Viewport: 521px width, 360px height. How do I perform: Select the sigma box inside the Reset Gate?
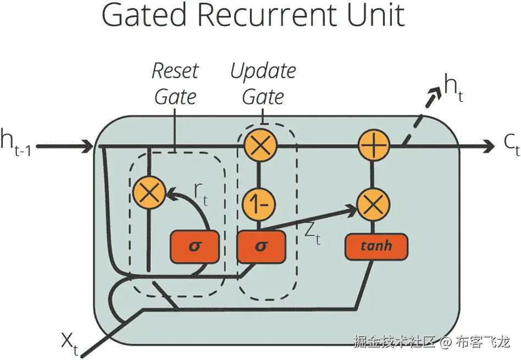coord(195,245)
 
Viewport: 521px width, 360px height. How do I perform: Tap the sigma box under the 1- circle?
coord(261,245)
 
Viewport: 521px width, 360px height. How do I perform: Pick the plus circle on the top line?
coord(374,146)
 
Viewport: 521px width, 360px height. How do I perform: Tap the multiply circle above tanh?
coord(374,204)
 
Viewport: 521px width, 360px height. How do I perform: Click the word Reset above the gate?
coord(175,71)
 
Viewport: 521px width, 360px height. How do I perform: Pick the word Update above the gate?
coord(263,71)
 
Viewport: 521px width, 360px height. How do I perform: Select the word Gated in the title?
coord(145,17)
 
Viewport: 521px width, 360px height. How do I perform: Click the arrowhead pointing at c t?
coord(488,146)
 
